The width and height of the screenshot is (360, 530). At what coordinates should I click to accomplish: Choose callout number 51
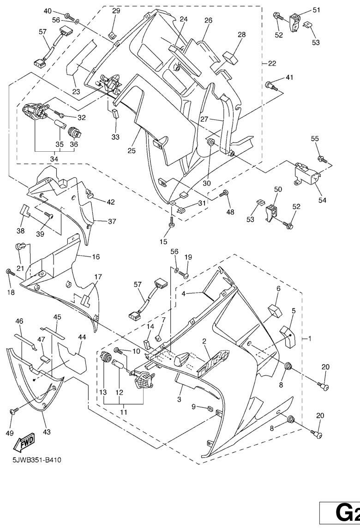click(317, 10)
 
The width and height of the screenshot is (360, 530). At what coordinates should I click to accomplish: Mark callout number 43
click(47, 432)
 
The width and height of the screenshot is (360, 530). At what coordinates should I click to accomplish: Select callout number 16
click(95, 256)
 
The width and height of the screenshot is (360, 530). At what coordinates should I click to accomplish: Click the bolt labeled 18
click(9, 273)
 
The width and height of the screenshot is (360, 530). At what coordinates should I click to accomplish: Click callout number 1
click(310, 339)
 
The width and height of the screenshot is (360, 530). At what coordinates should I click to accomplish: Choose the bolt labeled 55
click(323, 160)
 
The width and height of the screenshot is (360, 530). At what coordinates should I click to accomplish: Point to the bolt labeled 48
click(226, 194)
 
